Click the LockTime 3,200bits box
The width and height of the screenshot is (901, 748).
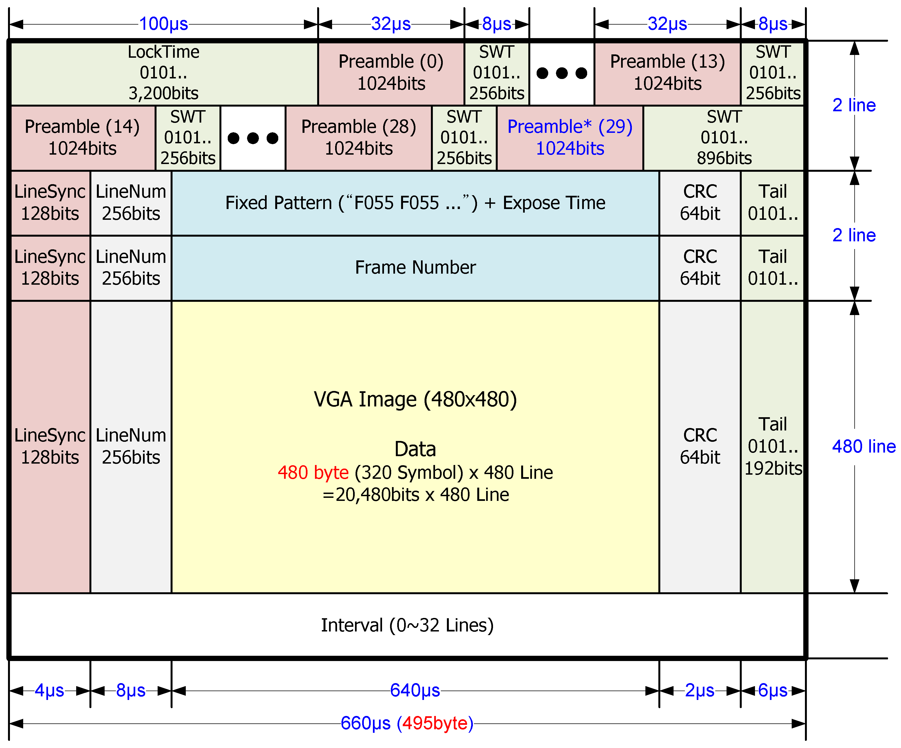tap(163, 73)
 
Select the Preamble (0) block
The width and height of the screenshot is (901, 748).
tap(391, 73)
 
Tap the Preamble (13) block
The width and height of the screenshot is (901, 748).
tap(667, 73)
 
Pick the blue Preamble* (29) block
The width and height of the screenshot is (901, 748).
tap(570, 138)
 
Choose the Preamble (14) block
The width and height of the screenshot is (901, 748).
tap(82, 138)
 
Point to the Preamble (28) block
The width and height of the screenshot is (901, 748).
tap(359, 138)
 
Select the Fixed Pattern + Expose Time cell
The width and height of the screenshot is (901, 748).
tap(415, 203)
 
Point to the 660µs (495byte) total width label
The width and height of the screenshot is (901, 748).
tap(407, 723)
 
